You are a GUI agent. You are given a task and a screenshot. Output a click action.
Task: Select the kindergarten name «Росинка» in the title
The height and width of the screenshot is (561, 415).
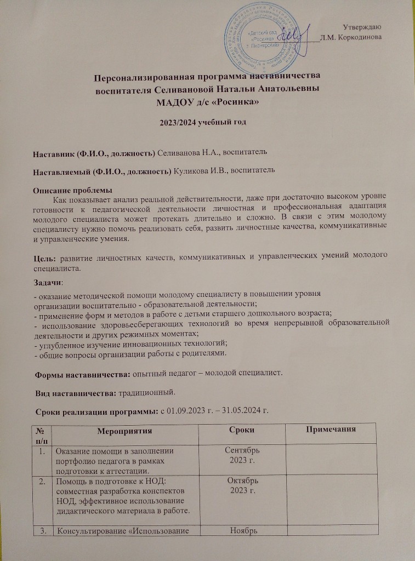230,102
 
